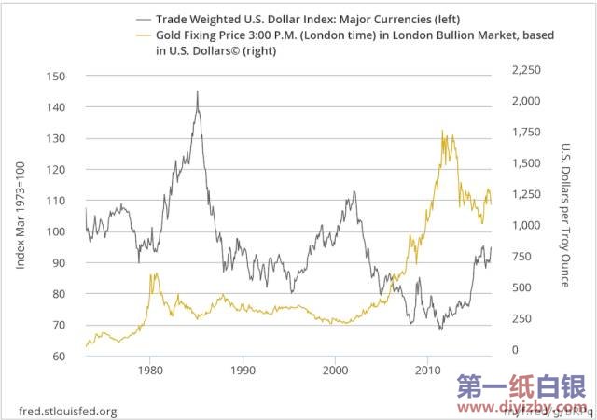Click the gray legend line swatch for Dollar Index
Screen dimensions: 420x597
click(x=146, y=18)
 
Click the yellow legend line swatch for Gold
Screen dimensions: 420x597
click(x=146, y=35)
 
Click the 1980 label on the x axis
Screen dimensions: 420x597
click(x=151, y=370)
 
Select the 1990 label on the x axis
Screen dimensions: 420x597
click(x=243, y=370)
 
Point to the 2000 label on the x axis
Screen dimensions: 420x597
click(x=335, y=370)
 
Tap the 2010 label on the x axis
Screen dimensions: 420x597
click(x=427, y=370)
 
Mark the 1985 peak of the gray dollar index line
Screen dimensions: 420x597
click(x=197, y=91)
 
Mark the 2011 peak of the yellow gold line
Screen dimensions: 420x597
click(x=442, y=132)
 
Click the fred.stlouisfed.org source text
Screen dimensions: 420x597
click(x=68, y=411)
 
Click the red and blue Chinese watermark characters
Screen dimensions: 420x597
click(x=518, y=386)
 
